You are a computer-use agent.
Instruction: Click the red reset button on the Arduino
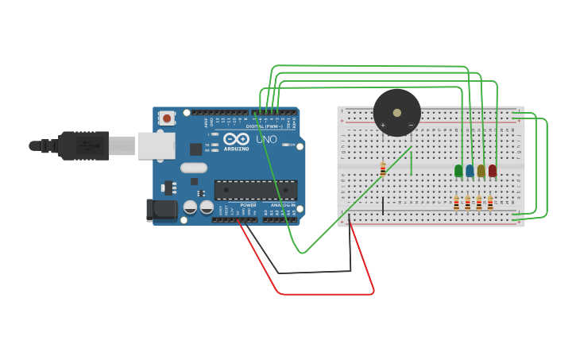pyautogui.click(x=167, y=118)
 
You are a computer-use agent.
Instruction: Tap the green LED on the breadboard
pyautogui.click(x=458, y=170)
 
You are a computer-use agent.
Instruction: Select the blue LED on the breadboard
pyautogui.click(x=470, y=170)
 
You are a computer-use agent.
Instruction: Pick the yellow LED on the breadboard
pyautogui.click(x=481, y=170)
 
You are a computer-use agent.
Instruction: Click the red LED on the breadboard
pyautogui.click(x=493, y=170)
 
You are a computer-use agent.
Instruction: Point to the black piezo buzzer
pyautogui.click(x=396, y=112)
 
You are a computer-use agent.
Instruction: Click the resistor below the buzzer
pyautogui.click(x=383, y=169)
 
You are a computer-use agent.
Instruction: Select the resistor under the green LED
pyautogui.click(x=456, y=203)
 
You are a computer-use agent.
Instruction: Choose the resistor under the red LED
pyautogui.click(x=490, y=203)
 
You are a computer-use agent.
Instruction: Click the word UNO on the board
pyautogui.click(x=266, y=140)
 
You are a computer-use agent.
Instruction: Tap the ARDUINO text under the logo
pyautogui.click(x=236, y=148)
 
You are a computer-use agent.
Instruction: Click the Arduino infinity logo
pyautogui.click(x=236, y=138)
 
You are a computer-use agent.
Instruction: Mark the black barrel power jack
pyautogui.click(x=162, y=210)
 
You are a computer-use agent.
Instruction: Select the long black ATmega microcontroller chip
pyautogui.click(x=256, y=190)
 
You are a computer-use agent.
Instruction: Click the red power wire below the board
pyautogui.click(x=326, y=293)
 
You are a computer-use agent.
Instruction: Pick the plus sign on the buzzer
pyautogui.click(x=383, y=125)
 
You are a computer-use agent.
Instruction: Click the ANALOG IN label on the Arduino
pyautogui.click(x=282, y=205)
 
